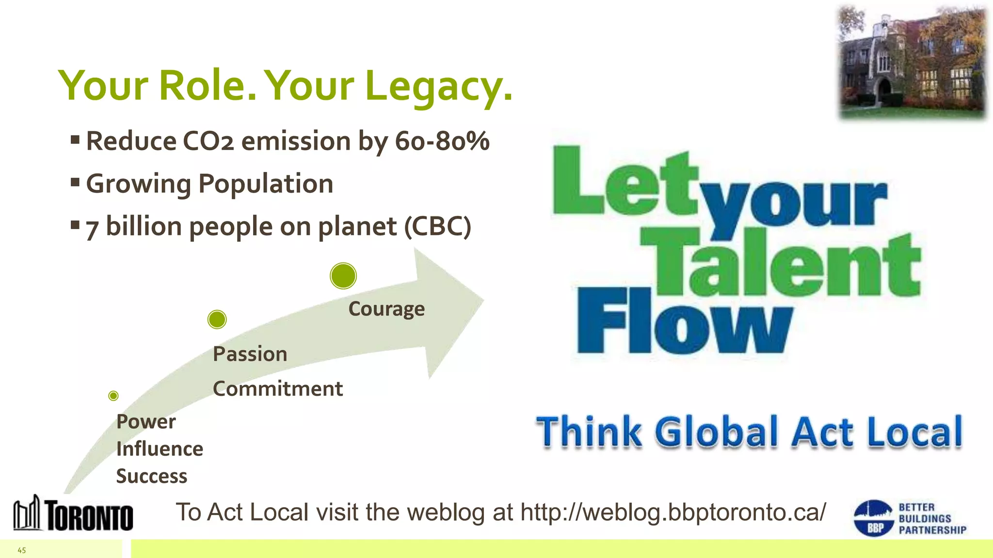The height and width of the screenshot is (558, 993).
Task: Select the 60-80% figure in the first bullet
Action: point(442,141)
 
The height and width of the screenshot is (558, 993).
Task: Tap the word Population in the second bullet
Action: point(266,184)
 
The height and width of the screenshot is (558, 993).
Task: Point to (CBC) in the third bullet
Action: point(437,226)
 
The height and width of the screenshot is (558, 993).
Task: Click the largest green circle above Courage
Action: point(343,276)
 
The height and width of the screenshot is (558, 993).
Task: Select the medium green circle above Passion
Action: point(217,319)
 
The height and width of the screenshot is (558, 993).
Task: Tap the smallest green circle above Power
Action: point(113,396)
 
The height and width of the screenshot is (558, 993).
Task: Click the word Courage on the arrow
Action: point(386,309)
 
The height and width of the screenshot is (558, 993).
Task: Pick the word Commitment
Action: point(278,388)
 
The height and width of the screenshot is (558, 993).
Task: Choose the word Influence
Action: point(160,449)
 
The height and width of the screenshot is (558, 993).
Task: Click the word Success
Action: point(152,476)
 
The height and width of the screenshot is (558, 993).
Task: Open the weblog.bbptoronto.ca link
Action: point(673,512)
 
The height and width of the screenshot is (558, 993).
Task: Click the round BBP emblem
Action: point(873,518)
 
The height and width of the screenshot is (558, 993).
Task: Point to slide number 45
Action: point(22,550)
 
